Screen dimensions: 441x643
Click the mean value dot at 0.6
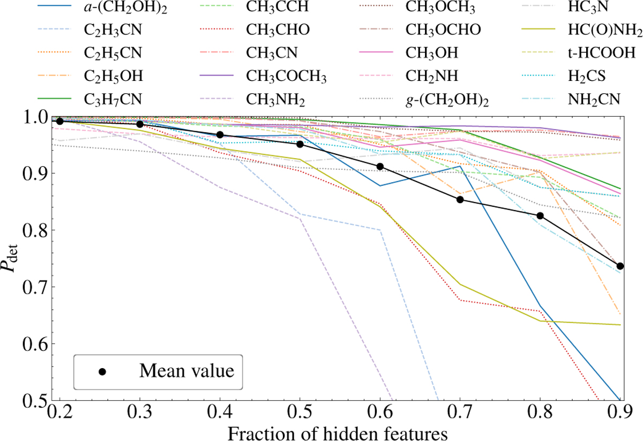tap(380, 167)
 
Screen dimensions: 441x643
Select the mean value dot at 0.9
tap(620, 266)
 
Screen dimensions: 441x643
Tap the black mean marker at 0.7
tap(460, 200)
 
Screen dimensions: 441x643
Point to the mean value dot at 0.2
tap(60, 121)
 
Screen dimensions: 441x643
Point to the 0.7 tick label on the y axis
tap(38, 287)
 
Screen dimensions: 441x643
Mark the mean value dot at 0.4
tap(220, 135)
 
